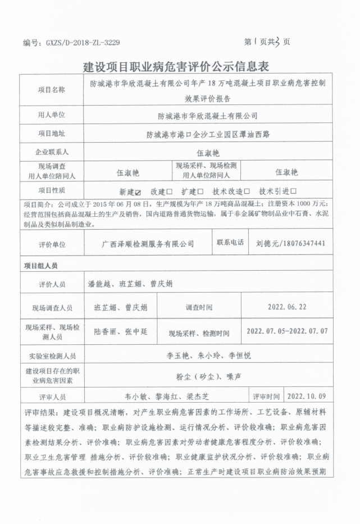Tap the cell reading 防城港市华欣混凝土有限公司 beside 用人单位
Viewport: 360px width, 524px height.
point(207,116)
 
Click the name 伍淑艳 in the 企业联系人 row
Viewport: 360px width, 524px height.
point(207,152)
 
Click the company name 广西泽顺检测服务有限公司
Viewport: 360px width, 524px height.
point(148,244)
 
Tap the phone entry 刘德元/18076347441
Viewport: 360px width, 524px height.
point(290,244)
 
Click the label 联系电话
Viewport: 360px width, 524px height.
point(230,243)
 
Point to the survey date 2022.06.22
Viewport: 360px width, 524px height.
point(288,307)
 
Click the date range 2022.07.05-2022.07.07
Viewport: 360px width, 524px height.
point(287,332)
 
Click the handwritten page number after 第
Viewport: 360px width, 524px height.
point(256,41)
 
